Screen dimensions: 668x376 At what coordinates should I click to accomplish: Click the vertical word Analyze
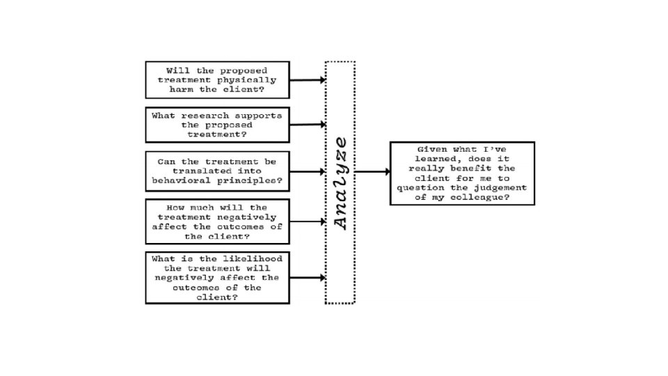(x=341, y=184)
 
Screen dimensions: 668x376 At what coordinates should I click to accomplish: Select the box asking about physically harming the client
(x=217, y=80)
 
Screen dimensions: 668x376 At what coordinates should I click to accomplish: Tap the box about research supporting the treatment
(x=217, y=125)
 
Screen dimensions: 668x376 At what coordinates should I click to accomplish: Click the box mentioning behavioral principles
(x=217, y=171)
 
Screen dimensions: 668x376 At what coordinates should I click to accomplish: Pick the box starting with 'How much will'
(x=217, y=221)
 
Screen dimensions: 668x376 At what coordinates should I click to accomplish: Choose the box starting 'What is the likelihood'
(x=217, y=278)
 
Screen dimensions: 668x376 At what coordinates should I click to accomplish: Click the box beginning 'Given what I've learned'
(x=462, y=173)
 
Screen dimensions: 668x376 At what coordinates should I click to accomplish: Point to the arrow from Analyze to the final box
(x=372, y=172)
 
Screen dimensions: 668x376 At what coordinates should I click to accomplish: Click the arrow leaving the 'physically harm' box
(x=308, y=79)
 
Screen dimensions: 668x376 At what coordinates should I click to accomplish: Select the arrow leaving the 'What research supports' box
(x=308, y=125)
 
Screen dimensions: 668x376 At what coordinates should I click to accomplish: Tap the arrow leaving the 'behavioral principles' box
(x=308, y=172)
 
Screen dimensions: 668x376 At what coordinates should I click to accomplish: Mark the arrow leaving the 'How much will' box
(x=308, y=221)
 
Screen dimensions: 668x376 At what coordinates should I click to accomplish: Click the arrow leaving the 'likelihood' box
(x=308, y=278)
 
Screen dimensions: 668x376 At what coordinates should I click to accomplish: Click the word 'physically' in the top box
(x=246, y=80)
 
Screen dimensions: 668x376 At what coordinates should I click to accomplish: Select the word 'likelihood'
(x=253, y=259)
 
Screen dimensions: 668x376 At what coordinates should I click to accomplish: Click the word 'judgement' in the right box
(x=500, y=188)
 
